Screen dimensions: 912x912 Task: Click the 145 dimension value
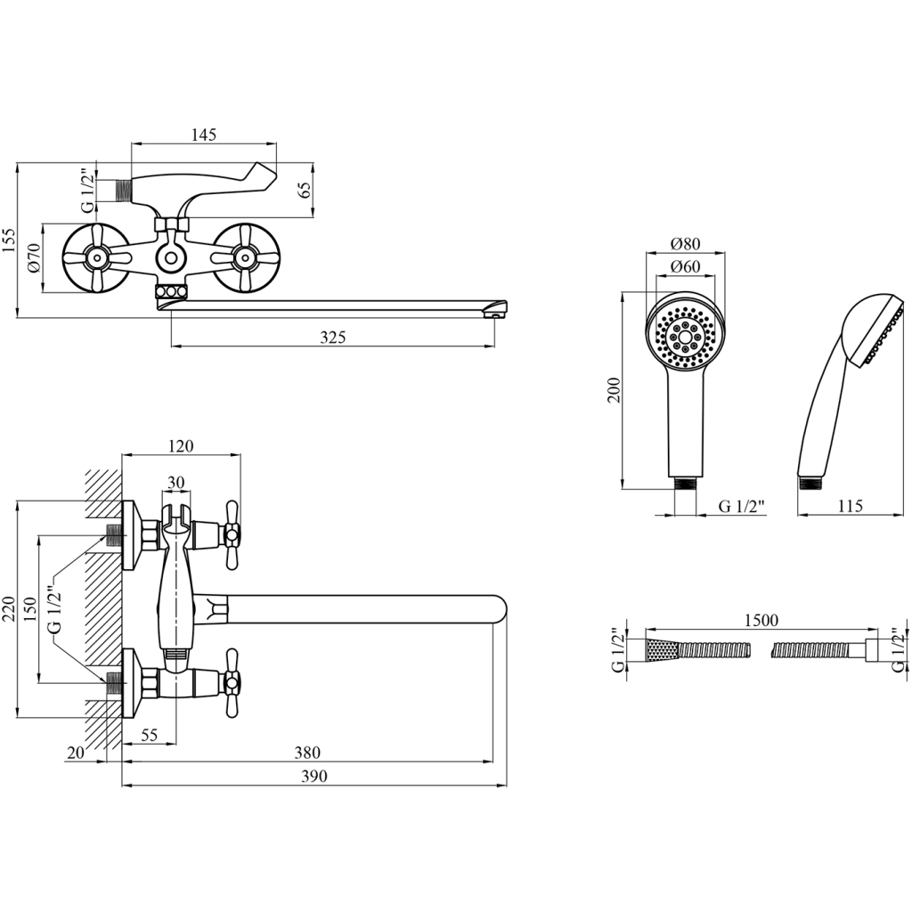[204, 134]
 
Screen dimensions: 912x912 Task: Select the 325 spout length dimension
[332, 337]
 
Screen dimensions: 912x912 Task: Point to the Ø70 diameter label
[34, 257]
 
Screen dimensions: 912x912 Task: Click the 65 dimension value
[304, 190]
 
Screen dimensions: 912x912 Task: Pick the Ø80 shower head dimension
[685, 243]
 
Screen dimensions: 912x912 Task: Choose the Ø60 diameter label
[685, 266]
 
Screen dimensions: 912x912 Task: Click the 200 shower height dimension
[614, 389]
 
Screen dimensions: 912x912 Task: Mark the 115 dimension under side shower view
[850, 506]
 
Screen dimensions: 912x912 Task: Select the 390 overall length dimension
[313, 777]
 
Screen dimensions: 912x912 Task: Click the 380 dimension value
[306, 753]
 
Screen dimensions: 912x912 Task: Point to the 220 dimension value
[9, 611]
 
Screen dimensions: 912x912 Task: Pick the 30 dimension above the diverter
[175, 482]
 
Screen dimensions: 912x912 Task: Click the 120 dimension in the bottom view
[181, 446]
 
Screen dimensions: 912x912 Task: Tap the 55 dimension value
[149, 735]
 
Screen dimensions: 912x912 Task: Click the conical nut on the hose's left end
[663, 649]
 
